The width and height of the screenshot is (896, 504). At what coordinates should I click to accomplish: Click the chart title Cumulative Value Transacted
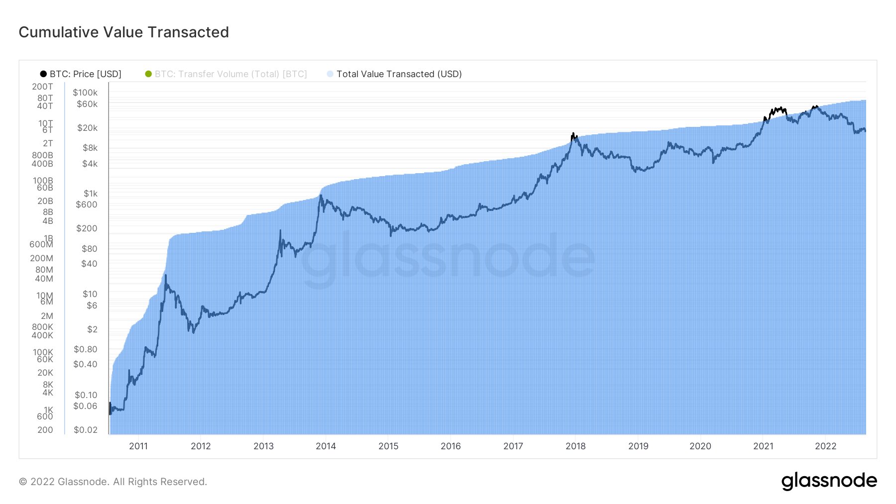(123, 32)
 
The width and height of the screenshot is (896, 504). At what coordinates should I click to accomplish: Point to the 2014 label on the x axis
(326, 446)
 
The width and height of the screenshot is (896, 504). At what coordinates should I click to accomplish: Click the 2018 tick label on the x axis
(575, 446)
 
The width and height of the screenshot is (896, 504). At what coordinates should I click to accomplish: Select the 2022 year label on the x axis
(825, 446)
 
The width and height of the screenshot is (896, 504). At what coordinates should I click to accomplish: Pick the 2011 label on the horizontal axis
(138, 446)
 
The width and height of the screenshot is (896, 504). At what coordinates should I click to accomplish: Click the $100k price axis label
(85, 93)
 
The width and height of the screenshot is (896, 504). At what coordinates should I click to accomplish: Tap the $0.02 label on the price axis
(85, 430)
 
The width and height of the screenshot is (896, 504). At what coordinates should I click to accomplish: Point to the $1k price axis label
(90, 194)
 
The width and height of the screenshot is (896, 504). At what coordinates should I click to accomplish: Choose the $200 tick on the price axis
(87, 228)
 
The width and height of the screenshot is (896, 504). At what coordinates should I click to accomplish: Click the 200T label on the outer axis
(42, 87)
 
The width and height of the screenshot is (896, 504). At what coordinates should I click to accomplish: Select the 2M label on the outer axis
(47, 316)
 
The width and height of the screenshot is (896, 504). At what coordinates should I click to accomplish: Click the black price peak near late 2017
(573, 134)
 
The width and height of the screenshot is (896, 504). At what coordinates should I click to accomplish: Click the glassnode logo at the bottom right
(829, 481)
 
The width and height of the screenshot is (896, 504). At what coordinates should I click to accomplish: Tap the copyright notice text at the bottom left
(113, 482)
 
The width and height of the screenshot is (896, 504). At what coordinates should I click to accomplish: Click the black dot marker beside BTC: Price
(43, 74)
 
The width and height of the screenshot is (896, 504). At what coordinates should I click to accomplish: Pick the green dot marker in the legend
(148, 74)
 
